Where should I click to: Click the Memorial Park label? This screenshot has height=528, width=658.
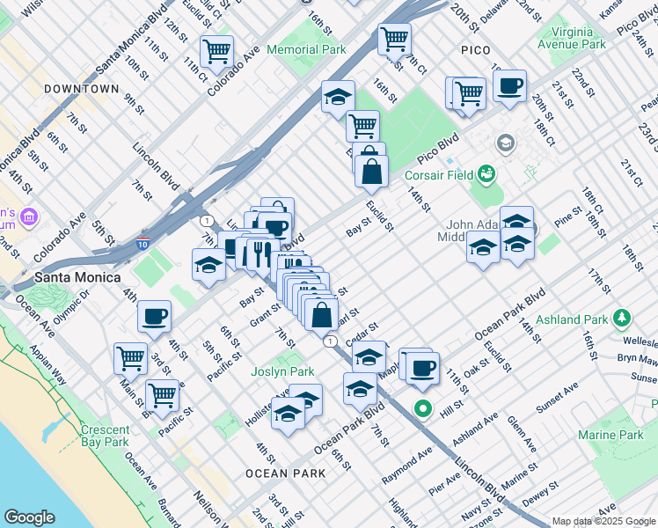coord(306,50)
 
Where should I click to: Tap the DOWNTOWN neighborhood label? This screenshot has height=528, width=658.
coord(81,89)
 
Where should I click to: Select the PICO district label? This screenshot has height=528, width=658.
coord(475,50)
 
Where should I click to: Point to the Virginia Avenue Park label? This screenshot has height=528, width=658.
coord(572,38)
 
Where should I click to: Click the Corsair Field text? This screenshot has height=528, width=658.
coord(438,175)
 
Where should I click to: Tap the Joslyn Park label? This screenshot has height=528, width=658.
coord(282,372)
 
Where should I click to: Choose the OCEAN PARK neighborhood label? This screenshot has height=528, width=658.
coord(286,473)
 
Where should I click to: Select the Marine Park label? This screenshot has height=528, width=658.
coord(610,435)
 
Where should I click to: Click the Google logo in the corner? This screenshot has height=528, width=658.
coord(29,517)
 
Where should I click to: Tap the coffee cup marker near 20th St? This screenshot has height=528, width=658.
coord(509,86)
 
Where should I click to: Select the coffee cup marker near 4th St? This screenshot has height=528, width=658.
coord(155,316)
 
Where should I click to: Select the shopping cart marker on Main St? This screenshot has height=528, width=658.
coord(130,358)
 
